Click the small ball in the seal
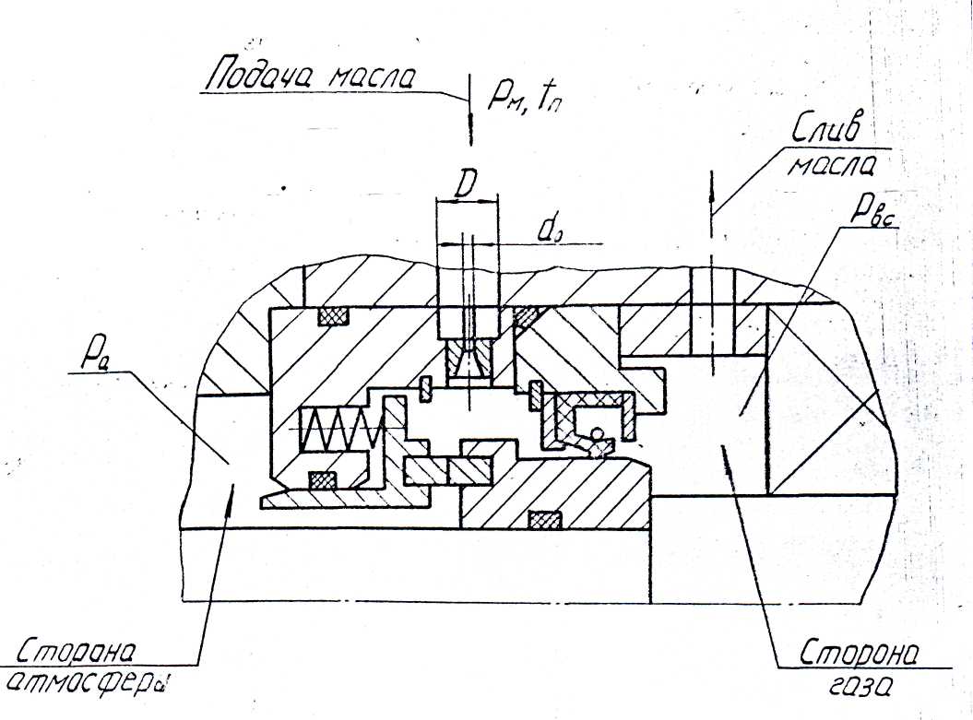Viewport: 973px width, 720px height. pyautogui.click(x=598, y=433)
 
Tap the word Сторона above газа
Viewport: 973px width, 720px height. pyautogui.click(x=857, y=653)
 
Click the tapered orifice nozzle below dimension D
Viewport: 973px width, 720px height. pyautogui.click(x=468, y=360)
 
